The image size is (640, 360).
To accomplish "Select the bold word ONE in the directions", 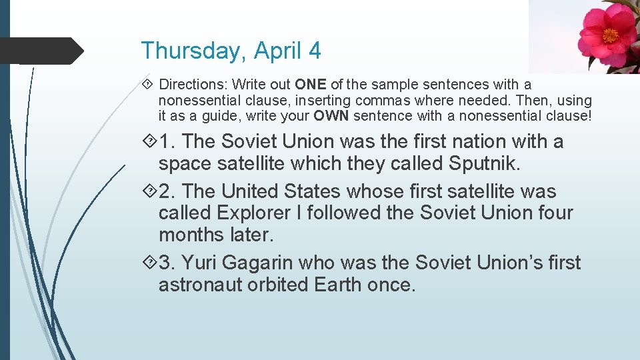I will point(311,85).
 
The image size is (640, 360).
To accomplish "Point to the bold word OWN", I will point(332,115).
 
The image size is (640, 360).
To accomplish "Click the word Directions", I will point(190,85).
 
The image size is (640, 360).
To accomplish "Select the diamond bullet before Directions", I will point(149,85).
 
